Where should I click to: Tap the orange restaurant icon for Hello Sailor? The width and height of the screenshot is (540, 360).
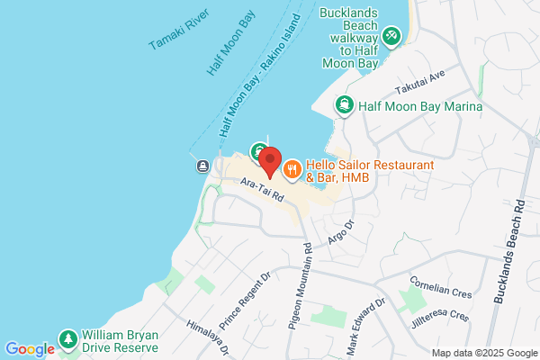[x=292, y=168]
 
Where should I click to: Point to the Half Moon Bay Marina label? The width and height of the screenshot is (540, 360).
[x=420, y=107]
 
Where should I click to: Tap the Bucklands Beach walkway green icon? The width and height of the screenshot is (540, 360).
[x=391, y=36]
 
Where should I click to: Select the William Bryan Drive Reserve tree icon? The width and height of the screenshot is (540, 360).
[x=67, y=340]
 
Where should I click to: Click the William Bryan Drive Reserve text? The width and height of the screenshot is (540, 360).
[x=120, y=340]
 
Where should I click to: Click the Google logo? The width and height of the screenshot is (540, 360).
[x=31, y=348]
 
